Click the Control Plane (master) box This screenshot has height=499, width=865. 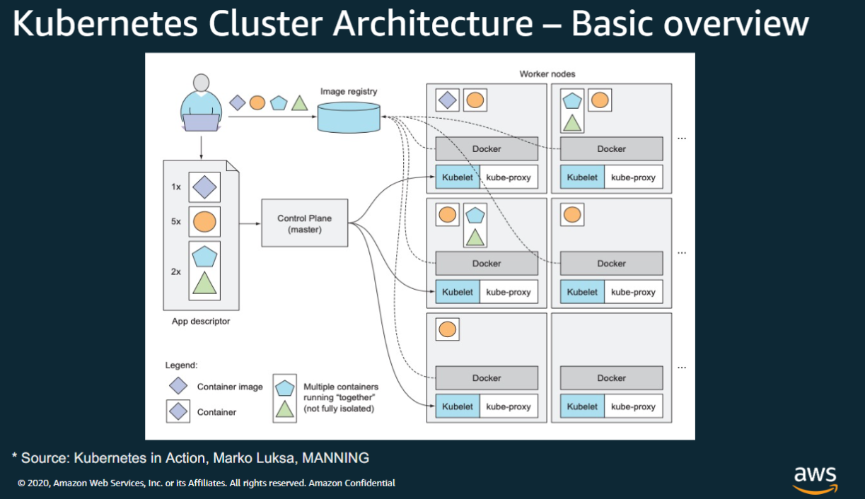pyautogui.click(x=304, y=223)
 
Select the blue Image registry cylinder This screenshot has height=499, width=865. pyautogui.click(x=349, y=117)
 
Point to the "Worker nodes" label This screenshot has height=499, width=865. pyautogui.click(x=547, y=74)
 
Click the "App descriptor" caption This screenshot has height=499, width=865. pyautogui.click(x=201, y=321)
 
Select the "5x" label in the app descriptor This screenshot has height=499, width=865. pyautogui.click(x=175, y=221)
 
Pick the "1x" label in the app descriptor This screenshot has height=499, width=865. pyautogui.click(x=175, y=187)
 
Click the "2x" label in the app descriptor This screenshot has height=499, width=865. pyautogui.click(x=175, y=271)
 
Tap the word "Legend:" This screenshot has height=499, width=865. pyautogui.click(x=182, y=365)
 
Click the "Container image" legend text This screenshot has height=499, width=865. pyautogui.click(x=230, y=387)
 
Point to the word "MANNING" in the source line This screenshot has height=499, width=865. pyautogui.click(x=335, y=458)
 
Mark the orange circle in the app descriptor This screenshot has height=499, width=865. pyautogui.click(x=204, y=222)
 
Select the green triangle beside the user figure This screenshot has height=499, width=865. pyautogui.click(x=300, y=102)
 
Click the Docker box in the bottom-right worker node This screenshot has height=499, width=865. pyautogui.click(x=611, y=378)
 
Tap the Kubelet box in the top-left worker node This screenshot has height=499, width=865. pyautogui.click(x=458, y=177)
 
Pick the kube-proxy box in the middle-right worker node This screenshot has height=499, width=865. pyautogui.click(x=633, y=292)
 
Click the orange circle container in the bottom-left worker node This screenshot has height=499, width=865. pyautogui.click(x=447, y=329)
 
